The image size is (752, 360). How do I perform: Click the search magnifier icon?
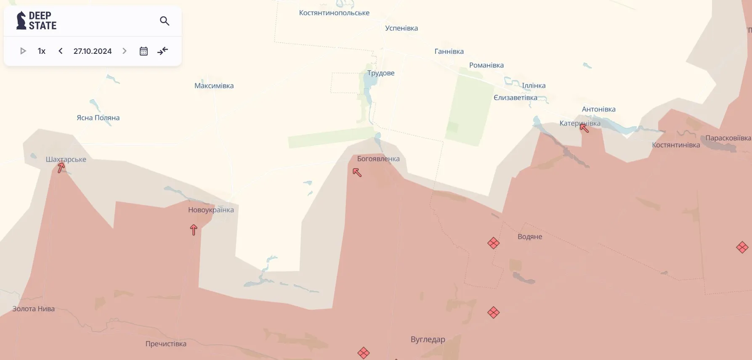[x=165, y=21]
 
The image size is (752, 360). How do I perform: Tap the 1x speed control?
[x=41, y=51]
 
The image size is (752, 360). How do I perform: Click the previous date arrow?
[x=61, y=51]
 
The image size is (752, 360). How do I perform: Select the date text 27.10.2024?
[x=93, y=51]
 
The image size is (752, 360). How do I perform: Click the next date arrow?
[x=125, y=51]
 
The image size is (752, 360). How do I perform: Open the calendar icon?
[x=143, y=51]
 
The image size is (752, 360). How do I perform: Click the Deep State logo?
[x=36, y=21]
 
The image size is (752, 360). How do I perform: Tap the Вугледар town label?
[x=428, y=339]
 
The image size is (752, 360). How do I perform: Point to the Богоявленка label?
[x=378, y=159]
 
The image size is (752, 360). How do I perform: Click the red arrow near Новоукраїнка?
[x=194, y=230]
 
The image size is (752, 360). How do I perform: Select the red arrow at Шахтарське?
[x=61, y=167]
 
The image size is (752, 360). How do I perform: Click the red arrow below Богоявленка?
[x=357, y=172]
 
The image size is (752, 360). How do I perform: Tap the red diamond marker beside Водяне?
[x=493, y=243]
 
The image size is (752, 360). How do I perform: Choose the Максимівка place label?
[x=214, y=86]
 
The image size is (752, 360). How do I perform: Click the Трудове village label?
[x=381, y=73]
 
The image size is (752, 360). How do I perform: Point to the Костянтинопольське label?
[x=334, y=13]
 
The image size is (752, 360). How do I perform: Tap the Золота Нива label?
[x=34, y=309]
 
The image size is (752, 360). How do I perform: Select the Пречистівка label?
[x=166, y=344]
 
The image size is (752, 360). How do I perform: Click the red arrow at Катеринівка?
[x=584, y=127]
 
